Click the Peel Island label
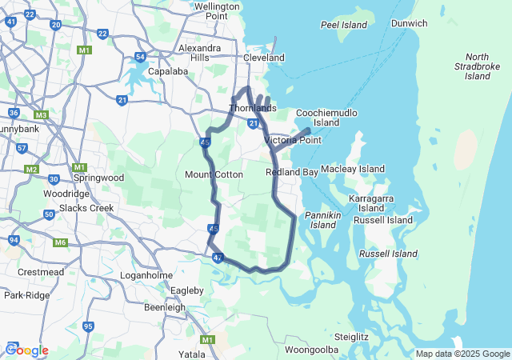(x=343, y=25)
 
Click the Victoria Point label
(x=293, y=140)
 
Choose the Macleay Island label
(x=353, y=170)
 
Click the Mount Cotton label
(x=214, y=174)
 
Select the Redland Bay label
(x=292, y=172)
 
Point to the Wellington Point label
(x=217, y=10)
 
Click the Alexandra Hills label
(x=194, y=53)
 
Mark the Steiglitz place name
(x=351, y=337)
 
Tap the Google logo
(x=27, y=350)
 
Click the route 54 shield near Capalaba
(x=140, y=57)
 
